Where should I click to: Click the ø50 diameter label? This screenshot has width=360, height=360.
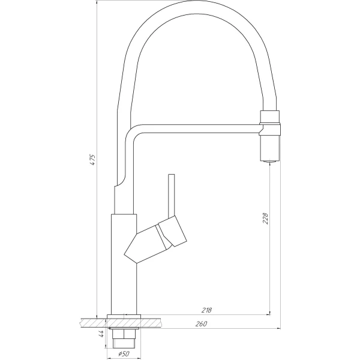(124, 354)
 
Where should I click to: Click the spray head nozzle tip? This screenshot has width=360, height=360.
(269, 160)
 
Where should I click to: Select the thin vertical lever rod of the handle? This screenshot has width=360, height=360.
(172, 195)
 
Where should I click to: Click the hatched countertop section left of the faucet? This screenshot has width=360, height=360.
(90, 323)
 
